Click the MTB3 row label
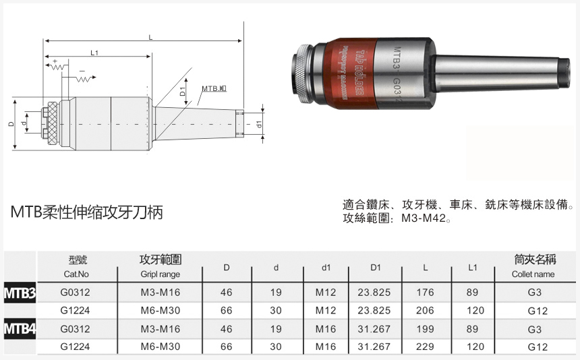tap(20, 293)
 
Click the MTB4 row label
tap(20, 329)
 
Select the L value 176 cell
tap(425, 293)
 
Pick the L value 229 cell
tap(425, 347)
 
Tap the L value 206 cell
tap(425, 311)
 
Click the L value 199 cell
tap(425, 329)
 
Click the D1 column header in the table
tap(376, 268)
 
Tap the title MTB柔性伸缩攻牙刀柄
tap(86, 212)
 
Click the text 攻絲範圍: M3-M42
tap(396, 218)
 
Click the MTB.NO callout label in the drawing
tap(214, 89)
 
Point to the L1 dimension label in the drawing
tap(94, 53)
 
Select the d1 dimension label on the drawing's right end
tap(259, 124)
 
